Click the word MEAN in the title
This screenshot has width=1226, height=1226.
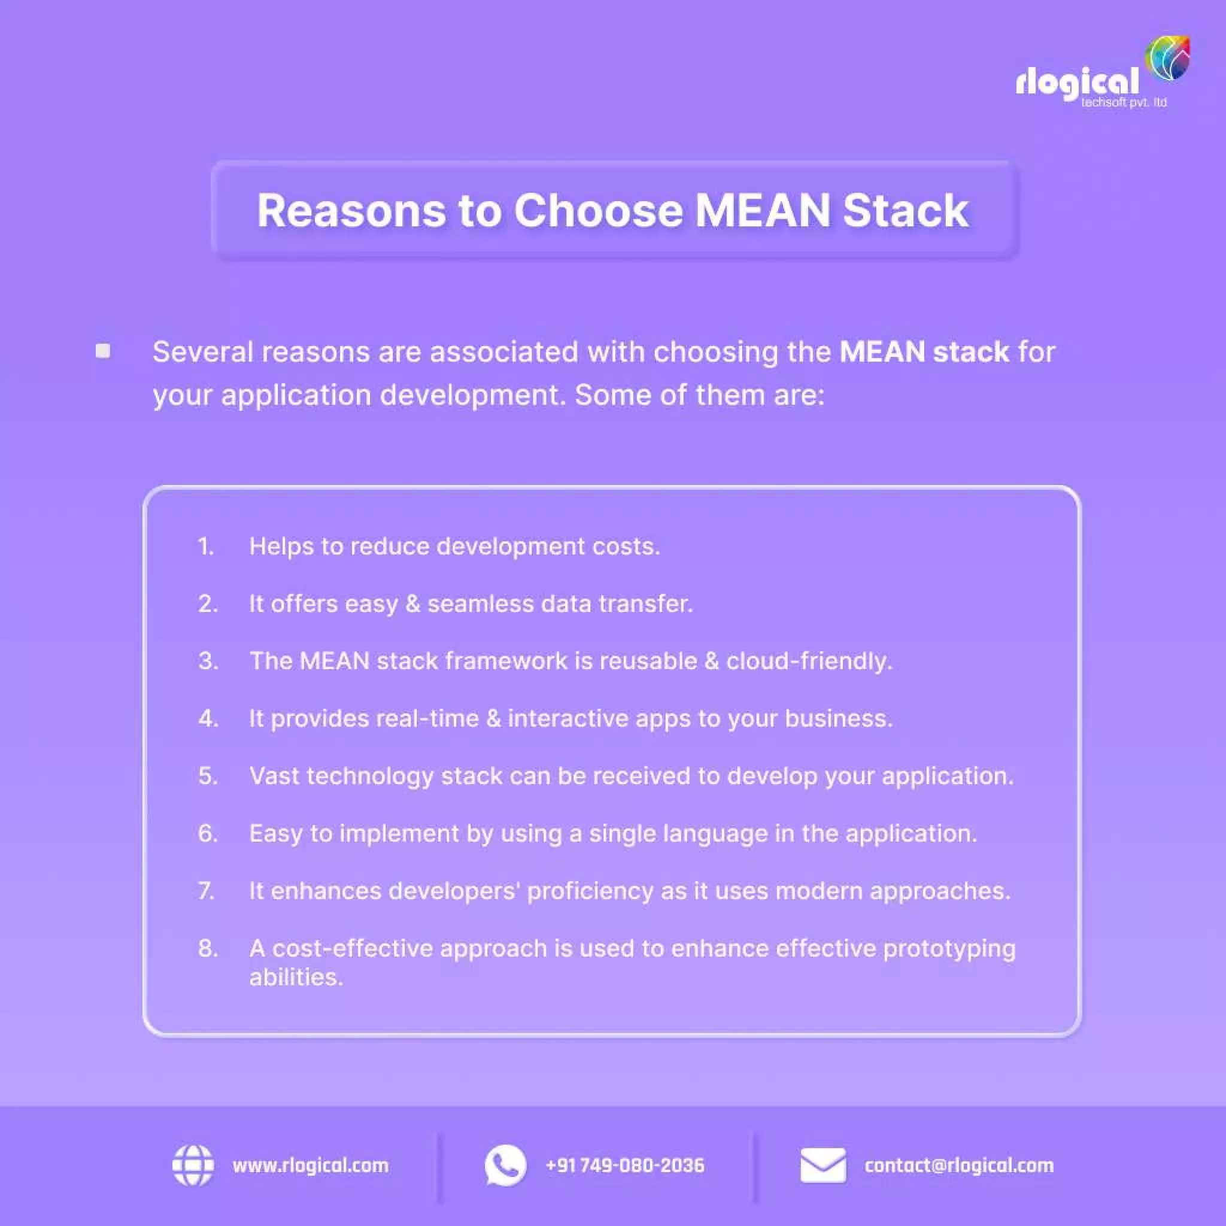point(762,211)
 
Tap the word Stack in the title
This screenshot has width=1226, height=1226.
point(905,211)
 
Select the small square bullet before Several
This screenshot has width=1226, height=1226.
point(103,351)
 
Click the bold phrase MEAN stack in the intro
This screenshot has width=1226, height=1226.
point(923,351)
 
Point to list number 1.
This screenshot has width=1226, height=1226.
point(205,547)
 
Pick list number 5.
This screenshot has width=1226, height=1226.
point(208,775)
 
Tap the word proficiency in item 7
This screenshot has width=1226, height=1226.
point(590,891)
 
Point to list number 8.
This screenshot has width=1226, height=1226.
point(208,948)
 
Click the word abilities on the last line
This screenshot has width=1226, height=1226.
point(296,977)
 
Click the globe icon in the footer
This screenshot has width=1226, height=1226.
point(193,1165)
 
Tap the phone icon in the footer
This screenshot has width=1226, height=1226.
point(505,1165)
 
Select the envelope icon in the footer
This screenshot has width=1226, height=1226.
point(823,1165)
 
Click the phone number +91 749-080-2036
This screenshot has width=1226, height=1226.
point(624,1166)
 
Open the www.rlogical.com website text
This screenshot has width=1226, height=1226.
point(310,1166)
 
